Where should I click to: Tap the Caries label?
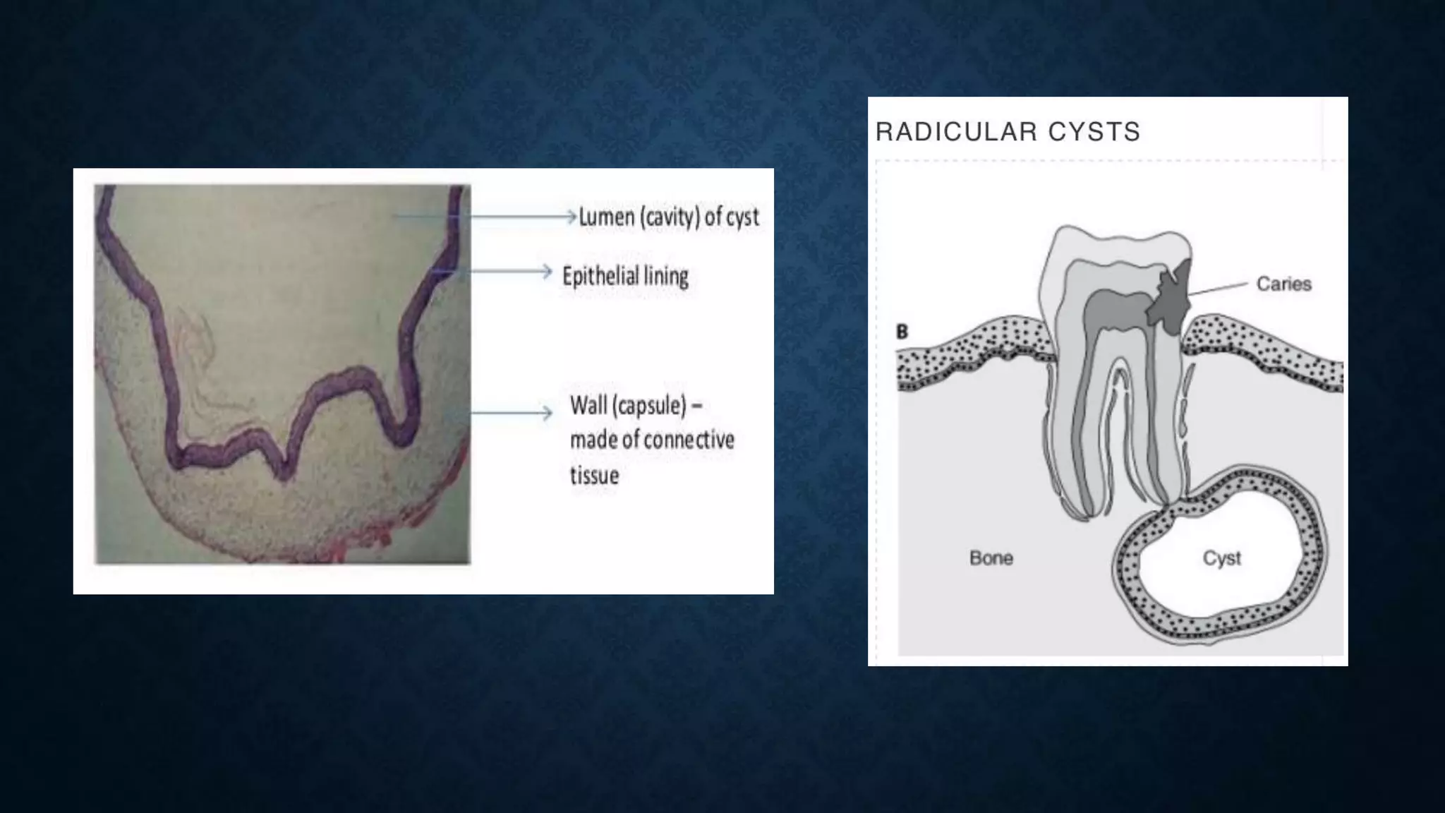pyautogui.click(x=1283, y=284)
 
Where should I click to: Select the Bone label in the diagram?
pyautogui.click(x=991, y=558)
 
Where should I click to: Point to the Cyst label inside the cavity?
pyautogui.click(x=1221, y=558)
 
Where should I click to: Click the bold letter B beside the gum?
pyautogui.click(x=902, y=332)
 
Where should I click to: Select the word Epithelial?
pyautogui.click(x=600, y=276)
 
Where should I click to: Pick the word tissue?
pyautogui.click(x=594, y=475)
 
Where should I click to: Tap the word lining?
pyautogui.click(x=666, y=276)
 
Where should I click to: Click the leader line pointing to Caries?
pyautogui.click(x=1219, y=288)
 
